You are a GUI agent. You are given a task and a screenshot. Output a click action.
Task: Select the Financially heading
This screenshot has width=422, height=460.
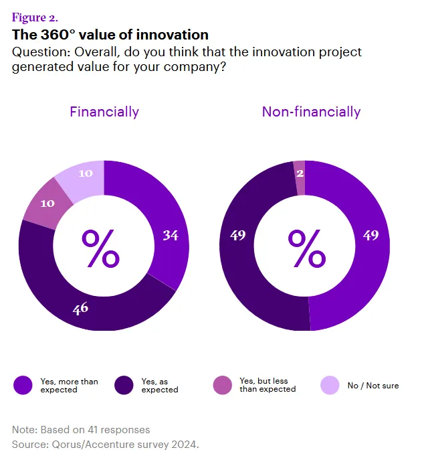[104, 112]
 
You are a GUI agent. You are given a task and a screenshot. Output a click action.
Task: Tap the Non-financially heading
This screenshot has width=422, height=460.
[311, 112]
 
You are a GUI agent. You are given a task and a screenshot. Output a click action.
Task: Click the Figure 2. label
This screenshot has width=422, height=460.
[35, 17]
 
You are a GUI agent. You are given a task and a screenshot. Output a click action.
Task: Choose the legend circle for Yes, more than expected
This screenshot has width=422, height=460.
[23, 385]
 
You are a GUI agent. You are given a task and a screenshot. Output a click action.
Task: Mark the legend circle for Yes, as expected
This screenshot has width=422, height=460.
[124, 385]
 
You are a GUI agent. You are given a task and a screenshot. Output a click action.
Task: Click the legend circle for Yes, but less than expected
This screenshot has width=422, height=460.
[223, 385]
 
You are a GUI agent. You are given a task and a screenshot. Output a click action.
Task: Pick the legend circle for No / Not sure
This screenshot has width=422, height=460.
[330, 385]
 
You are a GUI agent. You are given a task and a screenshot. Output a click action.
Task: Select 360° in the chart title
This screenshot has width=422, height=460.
[51, 34]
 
